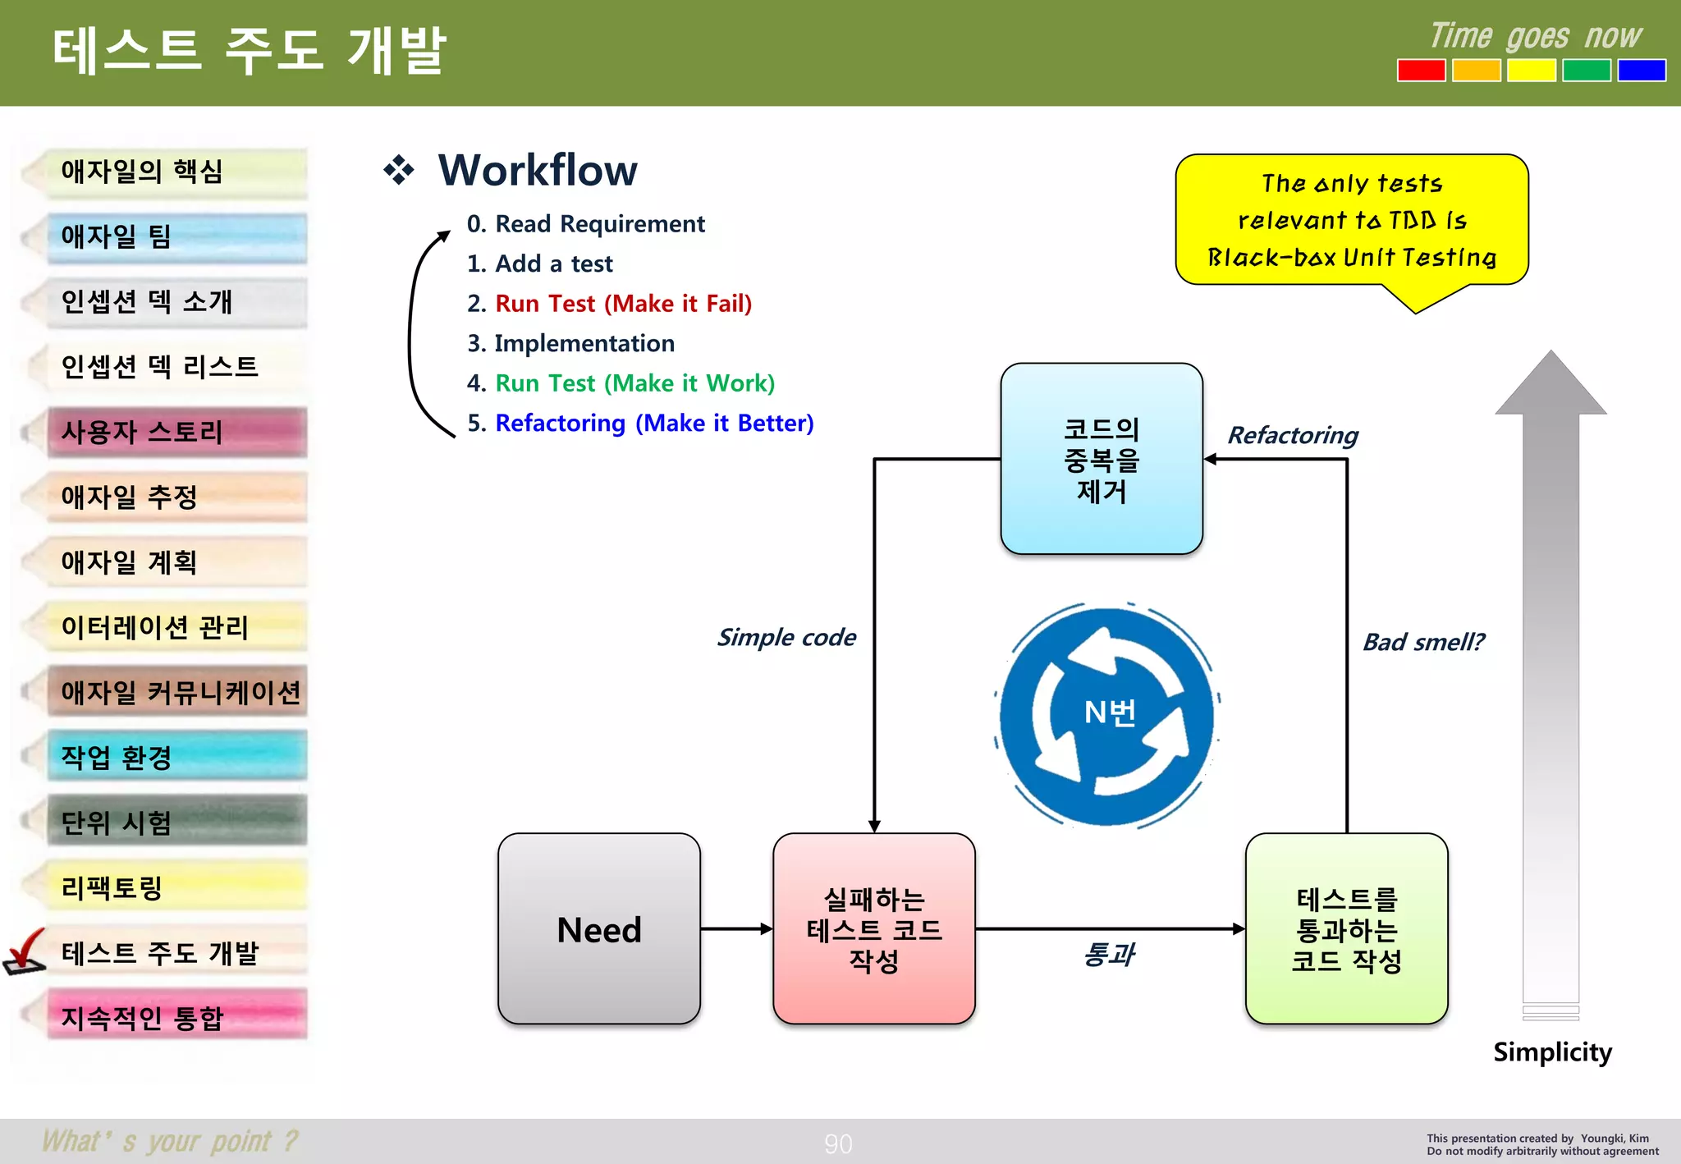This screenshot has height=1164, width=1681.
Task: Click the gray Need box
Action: point(598,928)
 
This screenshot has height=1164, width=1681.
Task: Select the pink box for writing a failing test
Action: point(873,928)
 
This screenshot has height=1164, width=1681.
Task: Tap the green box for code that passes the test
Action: point(1346,928)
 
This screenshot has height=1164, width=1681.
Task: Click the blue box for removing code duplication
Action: point(1102,459)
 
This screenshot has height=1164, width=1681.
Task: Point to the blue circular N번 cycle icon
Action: point(1107,714)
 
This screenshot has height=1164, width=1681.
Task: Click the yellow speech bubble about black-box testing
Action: point(1351,220)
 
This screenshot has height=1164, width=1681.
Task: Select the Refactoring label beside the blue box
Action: point(1292,435)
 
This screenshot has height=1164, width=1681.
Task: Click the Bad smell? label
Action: point(1422,642)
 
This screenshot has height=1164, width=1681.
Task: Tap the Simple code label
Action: point(786,637)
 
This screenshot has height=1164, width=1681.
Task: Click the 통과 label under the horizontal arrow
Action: point(1108,954)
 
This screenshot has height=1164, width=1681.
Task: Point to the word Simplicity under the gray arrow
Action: point(1551,1052)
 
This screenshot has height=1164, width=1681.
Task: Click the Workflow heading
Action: point(537,170)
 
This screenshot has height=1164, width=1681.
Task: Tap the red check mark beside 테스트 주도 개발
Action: point(25,952)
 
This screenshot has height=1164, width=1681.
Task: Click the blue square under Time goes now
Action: point(1641,71)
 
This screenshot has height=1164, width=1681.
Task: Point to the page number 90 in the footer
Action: point(838,1143)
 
